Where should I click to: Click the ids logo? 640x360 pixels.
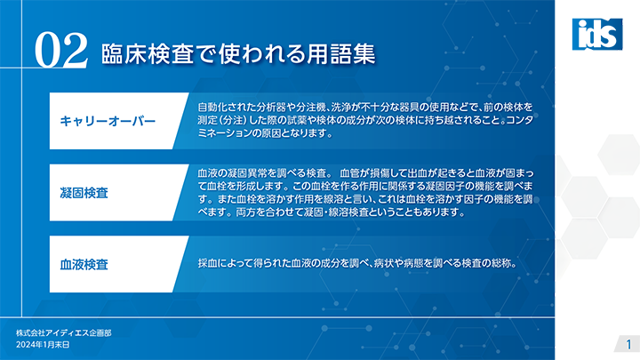[597, 35]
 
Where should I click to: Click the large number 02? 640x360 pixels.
[61, 51]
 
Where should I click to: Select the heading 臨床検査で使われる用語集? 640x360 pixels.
[238, 54]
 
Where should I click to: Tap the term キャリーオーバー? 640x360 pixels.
[108, 121]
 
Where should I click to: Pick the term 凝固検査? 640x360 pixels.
[84, 193]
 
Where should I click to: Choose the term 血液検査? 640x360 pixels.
[84, 265]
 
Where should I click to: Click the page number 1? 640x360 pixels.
[628, 344]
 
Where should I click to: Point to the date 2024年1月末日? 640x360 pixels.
[43, 345]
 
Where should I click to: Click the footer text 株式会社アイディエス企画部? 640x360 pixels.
[64, 333]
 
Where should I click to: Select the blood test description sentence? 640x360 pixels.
[357, 263]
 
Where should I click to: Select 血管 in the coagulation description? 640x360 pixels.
[349, 173]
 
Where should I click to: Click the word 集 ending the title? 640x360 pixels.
[364, 54]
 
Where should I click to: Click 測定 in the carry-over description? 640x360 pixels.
[207, 120]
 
